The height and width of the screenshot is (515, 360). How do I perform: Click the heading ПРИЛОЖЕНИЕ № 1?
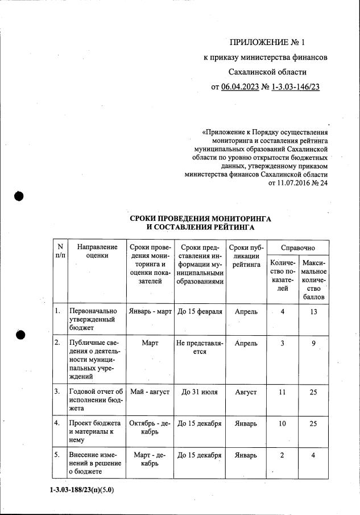click(x=267, y=42)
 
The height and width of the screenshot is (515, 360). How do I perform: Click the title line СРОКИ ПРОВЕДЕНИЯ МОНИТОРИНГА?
click(x=200, y=219)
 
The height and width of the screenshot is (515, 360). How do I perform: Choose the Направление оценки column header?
click(x=97, y=252)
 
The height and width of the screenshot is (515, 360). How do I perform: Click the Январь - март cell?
click(x=150, y=312)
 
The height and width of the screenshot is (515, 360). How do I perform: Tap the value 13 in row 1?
click(x=313, y=312)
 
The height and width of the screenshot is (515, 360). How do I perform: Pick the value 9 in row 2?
click(x=313, y=343)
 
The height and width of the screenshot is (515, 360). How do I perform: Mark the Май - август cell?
click(x=150, y=393)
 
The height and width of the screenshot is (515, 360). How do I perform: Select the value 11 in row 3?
click(x=282, y=393)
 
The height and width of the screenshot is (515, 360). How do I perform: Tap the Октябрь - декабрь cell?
click(x=150, y=429)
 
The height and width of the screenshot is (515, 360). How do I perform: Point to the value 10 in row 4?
click(x=282, y=424)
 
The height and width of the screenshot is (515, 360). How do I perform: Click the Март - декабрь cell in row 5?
click(x=150, y=460)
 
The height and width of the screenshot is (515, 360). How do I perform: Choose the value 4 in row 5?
click(x=313, y=455)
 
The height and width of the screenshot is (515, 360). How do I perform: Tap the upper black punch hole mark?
click(x=19, y=196)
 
